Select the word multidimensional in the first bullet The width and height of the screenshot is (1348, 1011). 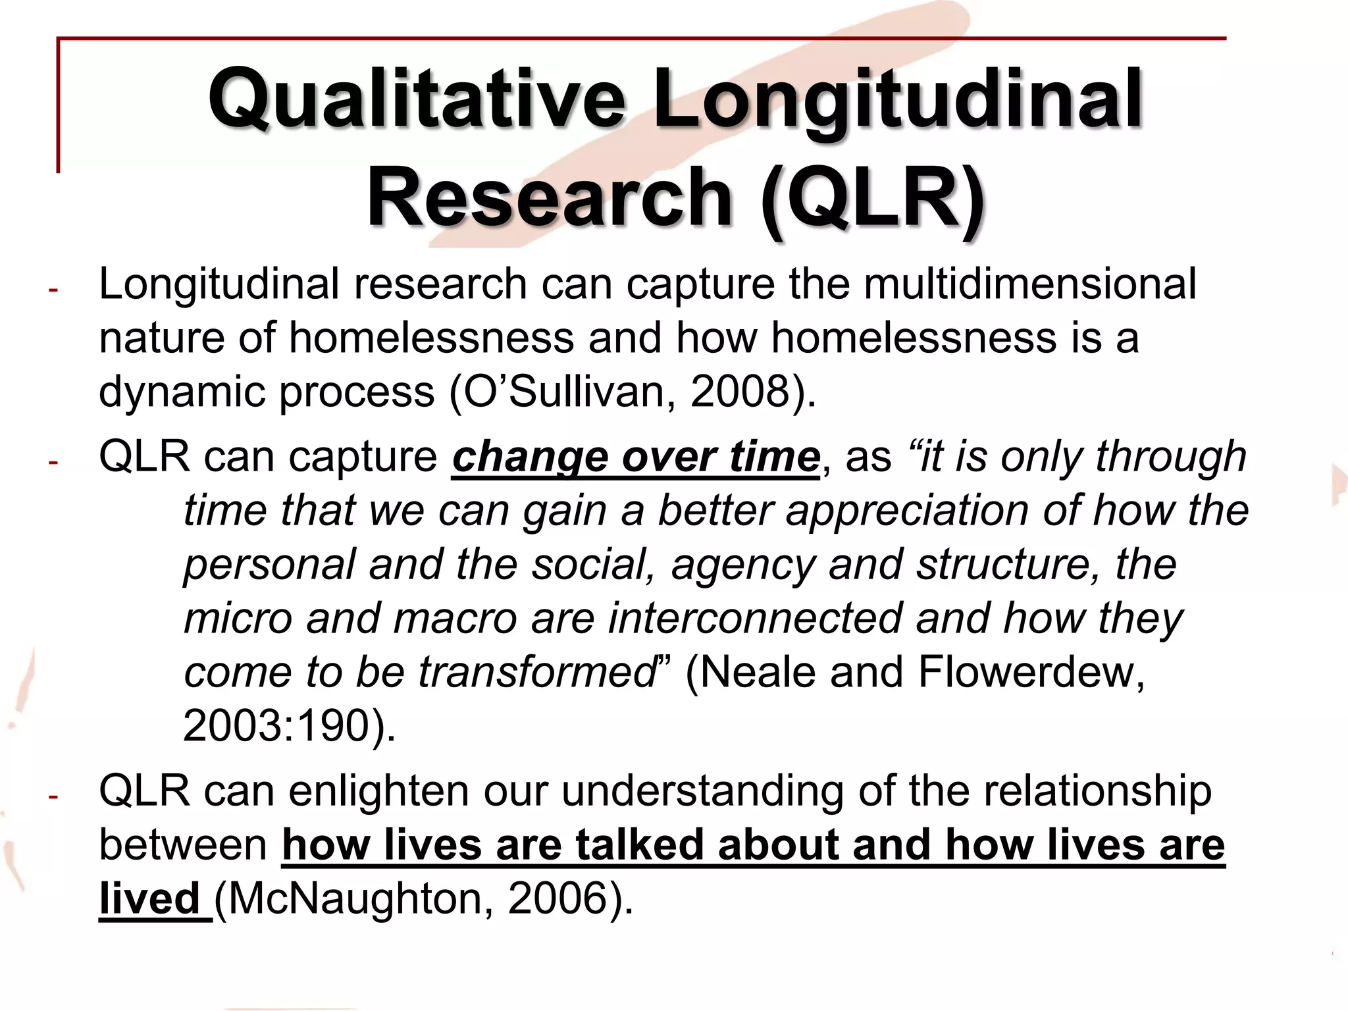[1029, 285]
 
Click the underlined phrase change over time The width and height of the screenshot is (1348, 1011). [636, 457]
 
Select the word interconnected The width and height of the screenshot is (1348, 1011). [754, 619]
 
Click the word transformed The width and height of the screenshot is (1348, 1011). [537, 673]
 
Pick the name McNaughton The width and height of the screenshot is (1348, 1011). [358, 899]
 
